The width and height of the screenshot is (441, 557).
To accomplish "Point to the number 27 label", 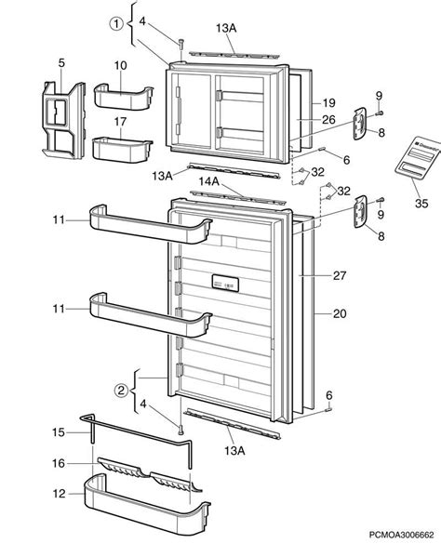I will tap(338, 276).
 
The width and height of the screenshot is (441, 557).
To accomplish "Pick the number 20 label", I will tap(338, 313).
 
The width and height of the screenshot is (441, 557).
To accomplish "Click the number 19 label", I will tap(327, 102).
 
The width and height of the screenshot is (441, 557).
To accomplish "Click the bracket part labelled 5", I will tap(60, 114).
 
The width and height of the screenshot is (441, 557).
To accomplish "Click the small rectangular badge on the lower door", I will tap(224, 282).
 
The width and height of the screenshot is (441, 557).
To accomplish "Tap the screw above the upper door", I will tap(180, 42).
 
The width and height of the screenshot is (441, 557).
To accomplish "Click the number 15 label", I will tap(58, 431).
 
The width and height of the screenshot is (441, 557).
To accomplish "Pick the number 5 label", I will tap(61, 63).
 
